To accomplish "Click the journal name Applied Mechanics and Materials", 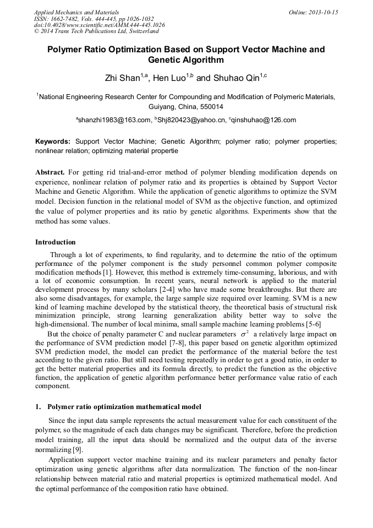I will [x=76, y=12].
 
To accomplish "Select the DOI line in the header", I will [x=99, y=25].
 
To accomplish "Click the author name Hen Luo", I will [x=169, y=78].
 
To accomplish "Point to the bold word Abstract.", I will [x=50, y=172].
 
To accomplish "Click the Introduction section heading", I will [x=56, y=242].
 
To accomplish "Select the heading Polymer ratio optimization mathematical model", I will [x=124, y=407].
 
